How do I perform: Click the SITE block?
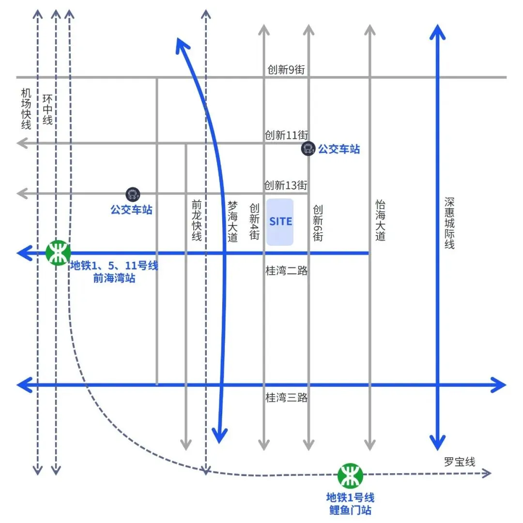(x=280, y=222)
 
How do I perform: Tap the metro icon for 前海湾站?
(x=58, y=253)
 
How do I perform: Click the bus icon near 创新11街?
(x=308, y=149)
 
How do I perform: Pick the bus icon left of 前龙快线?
(x=132, y=194)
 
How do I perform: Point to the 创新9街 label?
(x=286, y=70)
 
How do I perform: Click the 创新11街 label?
(x=286, y=135)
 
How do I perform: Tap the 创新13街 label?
(x=286, y=185)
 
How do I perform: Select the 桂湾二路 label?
(x=287, y=270)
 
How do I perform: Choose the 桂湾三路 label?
(x=287, y=398)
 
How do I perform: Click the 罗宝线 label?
(x=460, y=462)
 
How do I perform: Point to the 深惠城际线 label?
(x=449, y=223)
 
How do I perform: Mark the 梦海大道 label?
(x=233, y=221)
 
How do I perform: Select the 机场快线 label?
(x=26, y=109)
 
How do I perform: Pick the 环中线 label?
(x=47, y=109)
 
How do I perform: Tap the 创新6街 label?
(x=318, y=223)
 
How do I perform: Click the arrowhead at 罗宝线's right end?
(x=488, y=473)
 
